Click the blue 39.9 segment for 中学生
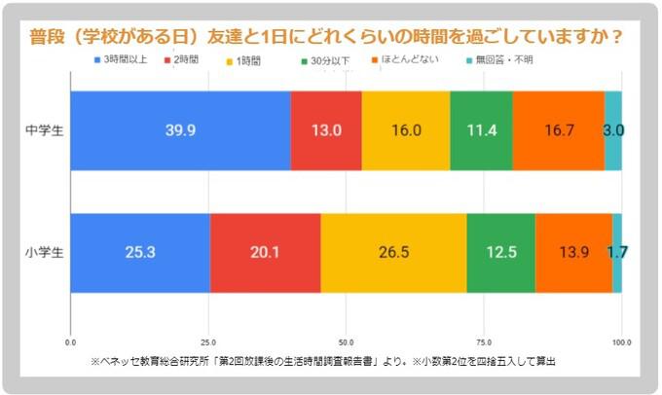coord(181,130)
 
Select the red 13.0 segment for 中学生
coord(326,130)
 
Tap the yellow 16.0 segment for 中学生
coord(405,130)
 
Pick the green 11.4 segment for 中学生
coord(481,130)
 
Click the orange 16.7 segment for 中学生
coord(558,130)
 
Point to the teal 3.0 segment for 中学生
coord(612,130)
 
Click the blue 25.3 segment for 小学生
coord(140,252)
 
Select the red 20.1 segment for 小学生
coord(265,252)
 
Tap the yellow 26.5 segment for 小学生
coord(393,252)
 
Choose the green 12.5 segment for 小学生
coord(500,252)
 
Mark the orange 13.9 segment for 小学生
coord(573,252)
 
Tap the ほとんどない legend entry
coord(408,60)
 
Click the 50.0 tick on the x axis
coord(346,342)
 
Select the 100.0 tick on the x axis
coord(621,342)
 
